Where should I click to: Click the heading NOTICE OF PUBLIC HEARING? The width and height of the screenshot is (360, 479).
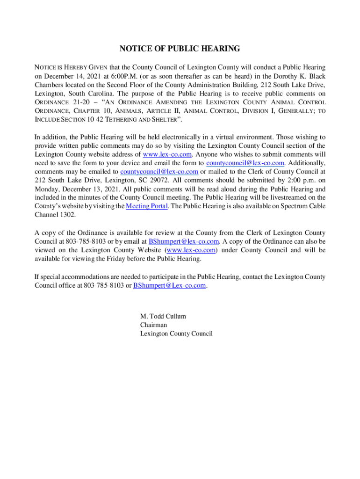click(180, 49)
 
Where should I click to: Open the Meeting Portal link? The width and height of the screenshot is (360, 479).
click(147, 206)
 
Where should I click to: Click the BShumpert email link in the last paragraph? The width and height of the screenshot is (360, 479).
click(169, 285)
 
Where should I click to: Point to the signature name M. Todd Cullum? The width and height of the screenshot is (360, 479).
click(163, 316)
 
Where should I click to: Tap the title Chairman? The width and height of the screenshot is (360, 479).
click(153, 325)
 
